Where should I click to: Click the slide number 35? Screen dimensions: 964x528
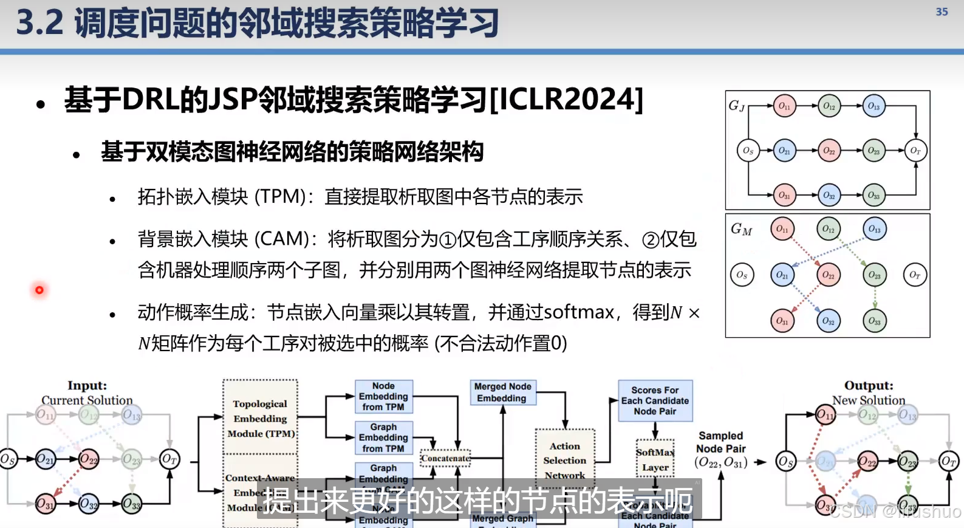click(942, 12)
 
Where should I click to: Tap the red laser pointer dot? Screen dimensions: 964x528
click(39, 290)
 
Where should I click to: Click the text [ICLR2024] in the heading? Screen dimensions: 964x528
click(566, 100)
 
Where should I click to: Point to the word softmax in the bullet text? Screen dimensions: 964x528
click(579, 312)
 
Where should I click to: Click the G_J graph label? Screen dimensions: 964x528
click(736, 106)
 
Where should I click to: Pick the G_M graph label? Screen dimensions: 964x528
click(741, 229)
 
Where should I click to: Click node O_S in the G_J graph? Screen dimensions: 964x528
click(748, 151)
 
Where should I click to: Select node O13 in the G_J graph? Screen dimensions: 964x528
click(873, 106)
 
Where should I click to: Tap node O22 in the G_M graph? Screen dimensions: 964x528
click(829, 275)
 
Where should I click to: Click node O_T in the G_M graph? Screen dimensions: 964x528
click(915, 275)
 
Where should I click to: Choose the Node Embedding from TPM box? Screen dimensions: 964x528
click(383, 396)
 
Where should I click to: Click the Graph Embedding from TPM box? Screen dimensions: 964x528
click(383, 437)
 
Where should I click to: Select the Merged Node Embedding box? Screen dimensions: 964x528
click(502, 393)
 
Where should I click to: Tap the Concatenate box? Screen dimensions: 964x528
click(445, 458)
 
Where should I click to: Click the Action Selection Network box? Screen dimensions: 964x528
click(565, 460)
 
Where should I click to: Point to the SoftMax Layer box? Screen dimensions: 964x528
click(655, 459)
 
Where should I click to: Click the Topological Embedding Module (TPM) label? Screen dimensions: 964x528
click(261, 418)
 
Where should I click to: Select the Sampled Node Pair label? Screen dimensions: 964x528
click(720, 442)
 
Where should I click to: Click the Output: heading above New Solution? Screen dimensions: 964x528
click(869, 385)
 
